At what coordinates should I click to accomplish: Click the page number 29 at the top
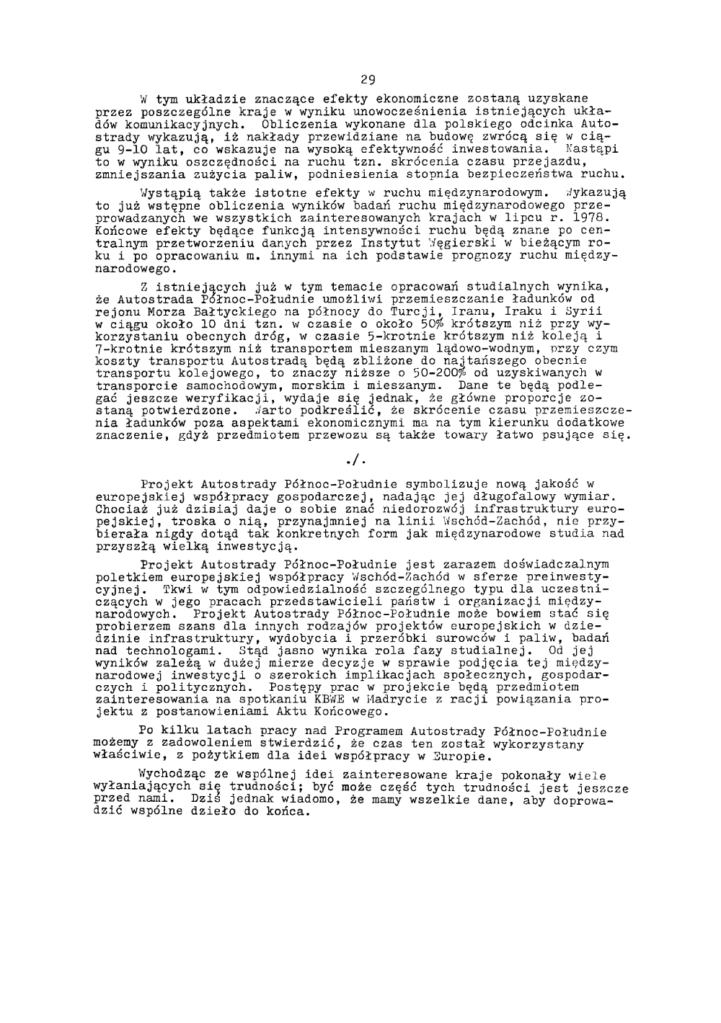(368, 79)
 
